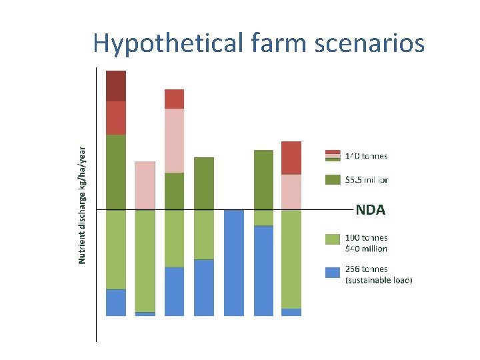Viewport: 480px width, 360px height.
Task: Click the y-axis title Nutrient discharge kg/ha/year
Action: click(x=83, y=205)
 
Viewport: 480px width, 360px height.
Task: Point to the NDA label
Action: click(x=370, y=210)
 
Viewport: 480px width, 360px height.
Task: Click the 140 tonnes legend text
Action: click(x=365, y=156)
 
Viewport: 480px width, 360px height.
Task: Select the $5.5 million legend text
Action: click(x=366, y=179)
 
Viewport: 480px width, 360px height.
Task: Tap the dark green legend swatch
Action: click(x=333, y=179)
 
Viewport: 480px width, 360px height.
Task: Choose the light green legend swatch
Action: click(x=333, y=238)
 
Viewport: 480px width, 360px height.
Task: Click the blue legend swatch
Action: click(x=333, y=272)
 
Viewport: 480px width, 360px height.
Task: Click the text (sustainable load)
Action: click(x=379, y=281)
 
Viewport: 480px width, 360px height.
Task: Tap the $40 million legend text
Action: click(x=366, y=249)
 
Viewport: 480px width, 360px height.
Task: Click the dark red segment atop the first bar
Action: click(x=116, y=86)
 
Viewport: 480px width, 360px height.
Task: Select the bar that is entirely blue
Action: click(x=234, y=263)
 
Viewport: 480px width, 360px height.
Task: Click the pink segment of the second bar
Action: click(x=145, y=185)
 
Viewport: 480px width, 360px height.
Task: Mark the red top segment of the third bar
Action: click(x=174, y=99)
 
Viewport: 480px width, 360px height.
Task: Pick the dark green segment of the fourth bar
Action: click(x=204, y=183)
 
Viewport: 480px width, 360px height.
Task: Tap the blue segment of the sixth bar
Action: click(x=263, y=270)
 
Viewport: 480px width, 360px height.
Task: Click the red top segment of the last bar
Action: click(x=291, y=158)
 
